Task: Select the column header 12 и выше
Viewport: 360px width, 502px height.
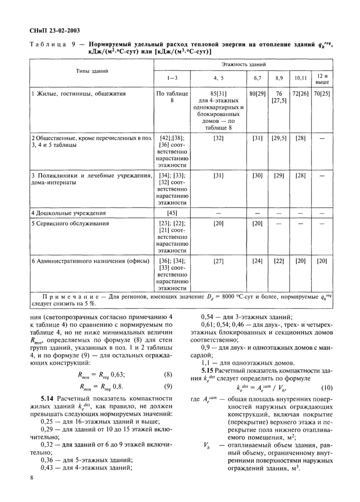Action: pyautogui.click(x=322, y=79)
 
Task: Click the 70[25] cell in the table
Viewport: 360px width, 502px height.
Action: pyautogui.click(x=322, y=94)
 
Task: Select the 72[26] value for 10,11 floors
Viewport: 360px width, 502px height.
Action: pyautogui.click(x=300, y=94)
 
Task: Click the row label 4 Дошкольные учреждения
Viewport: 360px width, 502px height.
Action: pyautogui.click(x=69, y=213)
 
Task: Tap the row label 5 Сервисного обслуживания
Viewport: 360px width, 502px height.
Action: pyautogui.click(x=70, y=224)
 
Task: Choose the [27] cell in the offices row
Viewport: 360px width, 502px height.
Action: pyautogui.click(x=219, y=261)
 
